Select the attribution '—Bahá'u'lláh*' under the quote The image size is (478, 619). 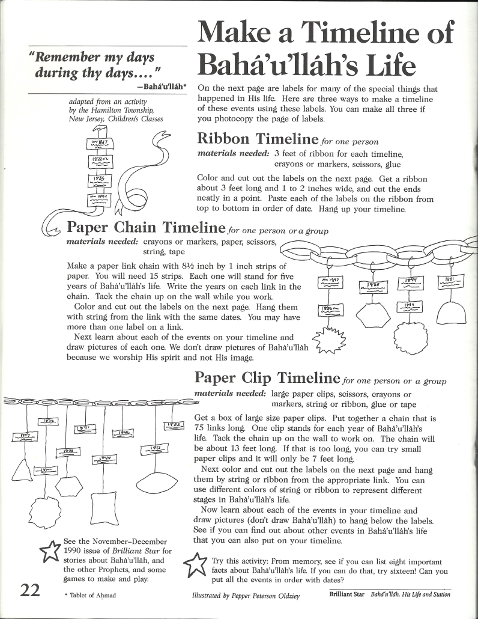[x=162, y=87]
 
